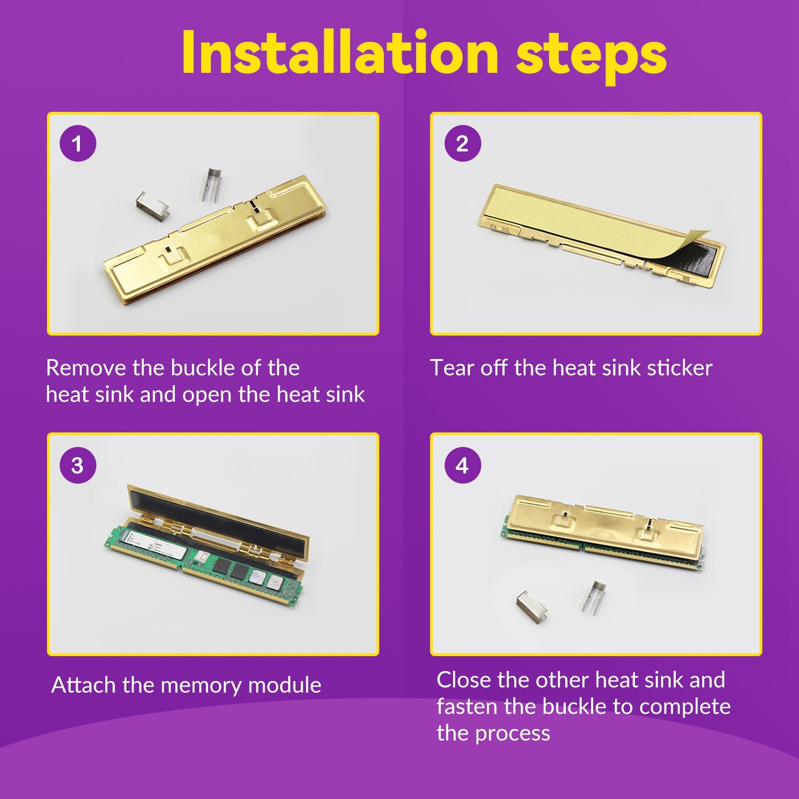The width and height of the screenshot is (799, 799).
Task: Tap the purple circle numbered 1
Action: tap(78, 143)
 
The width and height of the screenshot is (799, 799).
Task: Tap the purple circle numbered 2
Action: tap(463, 143)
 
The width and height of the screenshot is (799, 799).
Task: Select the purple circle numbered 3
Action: tap(78, 465)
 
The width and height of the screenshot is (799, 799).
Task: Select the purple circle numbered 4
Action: tap(463, 465)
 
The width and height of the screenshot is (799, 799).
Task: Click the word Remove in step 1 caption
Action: tap(86, 368)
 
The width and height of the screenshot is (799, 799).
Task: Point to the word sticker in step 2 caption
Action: tap(679, 368)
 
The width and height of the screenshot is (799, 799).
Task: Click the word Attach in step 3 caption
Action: tap(84, 685)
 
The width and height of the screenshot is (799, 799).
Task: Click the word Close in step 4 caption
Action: tap(464, 680)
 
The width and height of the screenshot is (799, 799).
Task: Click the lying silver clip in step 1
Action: tap(152, 205)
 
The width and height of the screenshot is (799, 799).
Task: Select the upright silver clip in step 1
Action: tap(212, 184)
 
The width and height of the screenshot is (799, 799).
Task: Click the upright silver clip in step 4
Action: tap(594, 597)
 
